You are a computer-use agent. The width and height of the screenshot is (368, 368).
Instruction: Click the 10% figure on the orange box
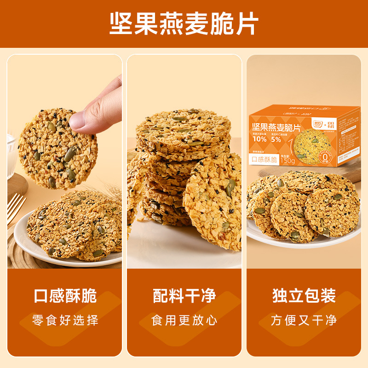point(259,139)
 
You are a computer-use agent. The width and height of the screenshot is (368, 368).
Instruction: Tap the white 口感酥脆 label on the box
point(264,160)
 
